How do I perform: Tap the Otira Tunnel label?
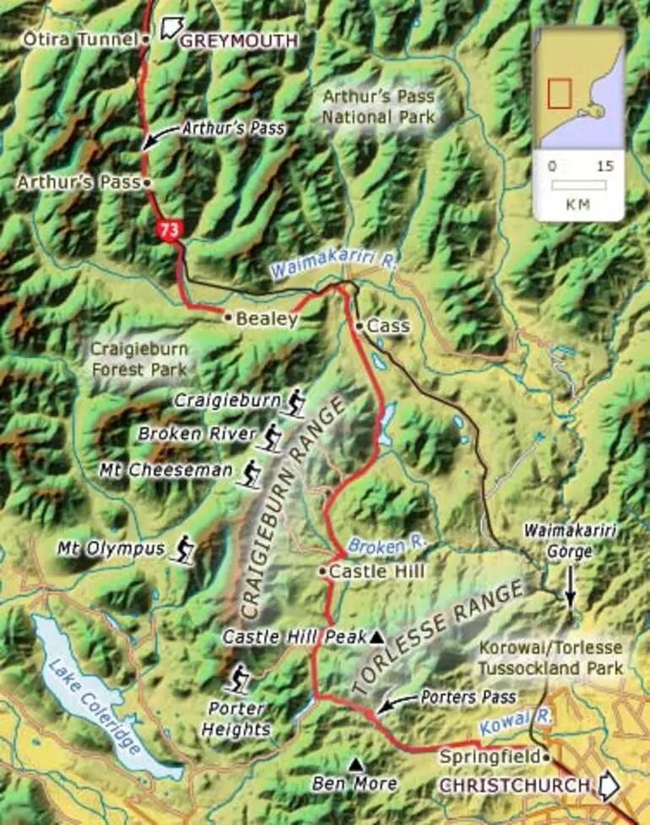point(80,38)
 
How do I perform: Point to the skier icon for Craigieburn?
point(295,402)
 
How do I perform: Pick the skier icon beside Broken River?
point(271,437)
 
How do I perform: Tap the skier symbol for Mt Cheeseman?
point(249,473)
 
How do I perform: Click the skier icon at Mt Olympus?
point(182,550)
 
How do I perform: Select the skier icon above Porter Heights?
point(241,679)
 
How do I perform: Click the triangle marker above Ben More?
point(355,764)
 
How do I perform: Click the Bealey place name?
point(267,318)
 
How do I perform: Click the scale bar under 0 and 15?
point(578,184)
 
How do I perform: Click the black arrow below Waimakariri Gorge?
point(570,587)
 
